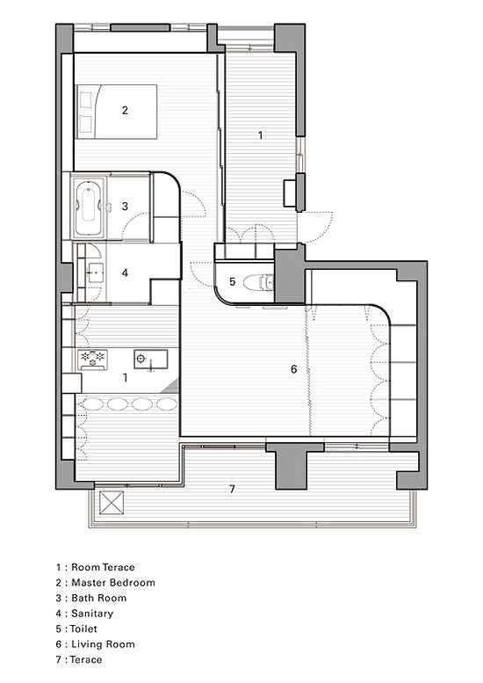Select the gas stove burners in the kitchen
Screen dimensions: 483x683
(x=93, y=360)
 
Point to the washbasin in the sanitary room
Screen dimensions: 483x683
(x=95, y=272)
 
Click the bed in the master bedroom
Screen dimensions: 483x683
(x=116, y=112)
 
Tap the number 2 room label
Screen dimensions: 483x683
(x=125, y=110)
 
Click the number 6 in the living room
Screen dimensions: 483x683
(x=293, y=369)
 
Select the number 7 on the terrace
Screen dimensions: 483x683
(x=232, y=489)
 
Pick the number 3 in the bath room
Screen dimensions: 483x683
(x=125, y=206)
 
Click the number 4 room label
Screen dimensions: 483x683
(x=125, y=272)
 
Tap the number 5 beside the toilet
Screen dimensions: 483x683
(x=232, y=282)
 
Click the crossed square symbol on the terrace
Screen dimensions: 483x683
(x=112, y=503)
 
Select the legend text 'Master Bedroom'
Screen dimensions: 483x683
(x=113, y=583)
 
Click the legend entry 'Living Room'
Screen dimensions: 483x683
(x=103, y=643)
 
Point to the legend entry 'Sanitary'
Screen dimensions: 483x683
(x=92, y=614)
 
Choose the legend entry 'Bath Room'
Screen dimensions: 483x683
(x=98, y=598)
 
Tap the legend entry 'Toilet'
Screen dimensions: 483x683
(x=83, y=629)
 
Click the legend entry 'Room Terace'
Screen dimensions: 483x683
(x=103, y=567)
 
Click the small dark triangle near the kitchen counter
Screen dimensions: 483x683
(x=173, y=386)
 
